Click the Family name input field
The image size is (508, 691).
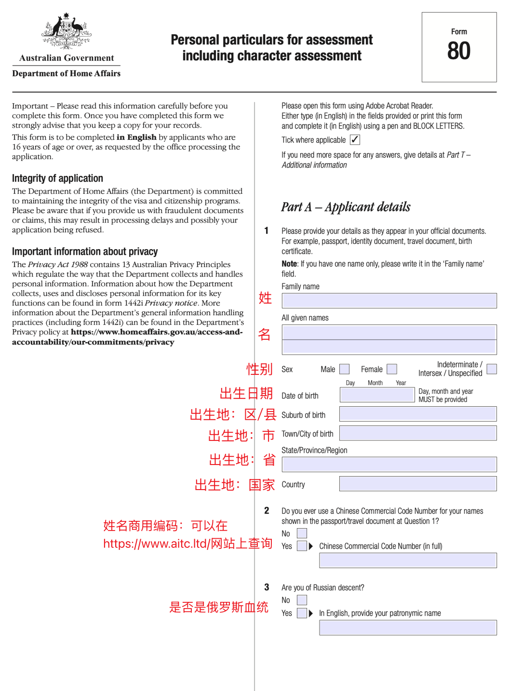point(389,301)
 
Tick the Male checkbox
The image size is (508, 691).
point(344,369)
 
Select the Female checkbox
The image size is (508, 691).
point(392,369)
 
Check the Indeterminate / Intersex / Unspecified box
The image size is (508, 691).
point(492,369)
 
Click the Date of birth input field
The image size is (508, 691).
point(377,395)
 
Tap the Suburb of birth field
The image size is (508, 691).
point(417,414)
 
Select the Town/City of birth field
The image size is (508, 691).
point(417,433)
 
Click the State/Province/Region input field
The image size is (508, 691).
point(389,465)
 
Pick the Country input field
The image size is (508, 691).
point(417,484)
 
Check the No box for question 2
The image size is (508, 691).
point(302,533)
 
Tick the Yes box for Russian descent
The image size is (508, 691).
point(302,613)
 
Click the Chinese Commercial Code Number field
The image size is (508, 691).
point(408,560)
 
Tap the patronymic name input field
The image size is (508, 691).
point(408,627)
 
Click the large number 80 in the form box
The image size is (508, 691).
point(459,51)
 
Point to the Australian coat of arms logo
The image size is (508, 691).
point(67,31)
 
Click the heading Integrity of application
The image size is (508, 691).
point(57,178)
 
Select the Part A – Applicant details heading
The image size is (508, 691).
point(346,207)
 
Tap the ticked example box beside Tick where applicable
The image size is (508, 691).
point(355,140)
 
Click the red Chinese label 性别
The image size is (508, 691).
point(260,369)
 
